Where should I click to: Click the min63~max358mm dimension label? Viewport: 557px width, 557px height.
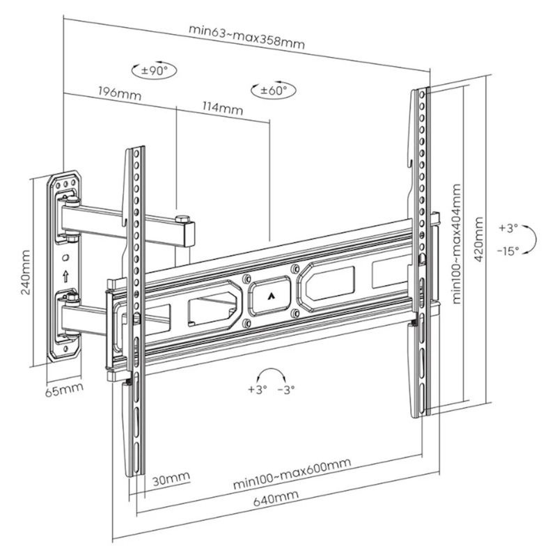coord(246,36)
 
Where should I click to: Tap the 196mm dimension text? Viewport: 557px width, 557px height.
coord(118,93)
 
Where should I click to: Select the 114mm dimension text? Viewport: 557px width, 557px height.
coord(221,108)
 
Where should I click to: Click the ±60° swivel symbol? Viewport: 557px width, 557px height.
coord(273,90)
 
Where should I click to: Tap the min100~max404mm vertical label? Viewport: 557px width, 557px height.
coord(457,244)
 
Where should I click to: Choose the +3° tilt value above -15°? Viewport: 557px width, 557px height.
coord(509,228)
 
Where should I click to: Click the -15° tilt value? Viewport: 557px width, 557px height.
coord(508,251)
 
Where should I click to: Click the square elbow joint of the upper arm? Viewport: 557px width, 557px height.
coord(184,231)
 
